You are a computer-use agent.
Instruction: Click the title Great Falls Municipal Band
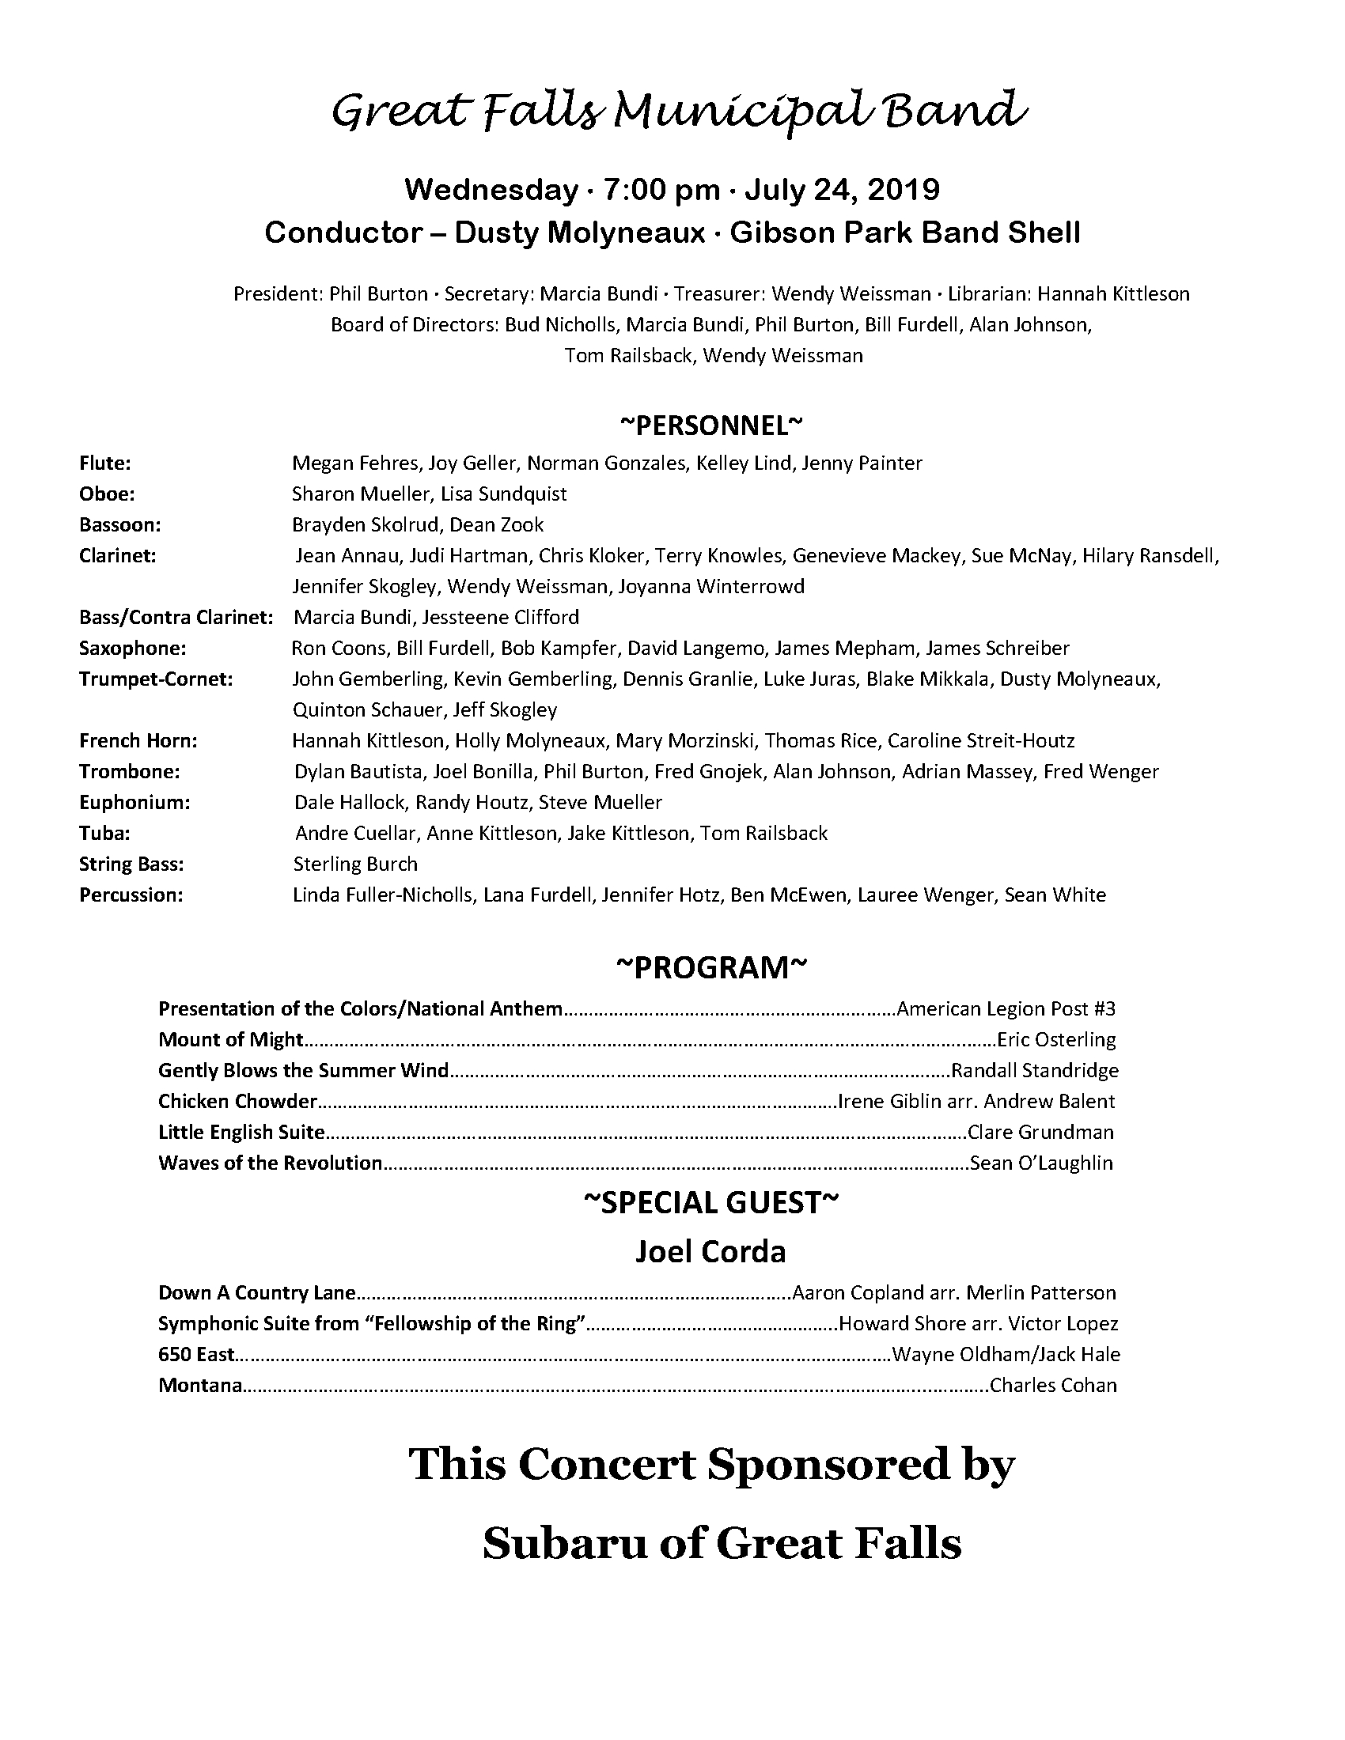click(678, 112)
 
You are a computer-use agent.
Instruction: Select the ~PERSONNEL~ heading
click(711, 426)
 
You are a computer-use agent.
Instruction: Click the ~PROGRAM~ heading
click(711, 967)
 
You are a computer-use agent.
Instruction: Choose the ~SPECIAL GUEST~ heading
click(711, 1202)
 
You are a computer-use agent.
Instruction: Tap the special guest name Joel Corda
click(710, 1251)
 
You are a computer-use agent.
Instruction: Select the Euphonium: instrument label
click(134, 801)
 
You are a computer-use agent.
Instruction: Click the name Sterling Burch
click(354, 864)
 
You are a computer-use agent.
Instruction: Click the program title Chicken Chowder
click(237, 1101)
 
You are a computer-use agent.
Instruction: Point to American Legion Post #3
click(1006, 1008)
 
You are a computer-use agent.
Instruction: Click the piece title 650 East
click(196, 1353)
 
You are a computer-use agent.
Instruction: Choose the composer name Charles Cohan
click(1052, 1385)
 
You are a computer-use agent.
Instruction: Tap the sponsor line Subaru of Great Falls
click(722, 1544)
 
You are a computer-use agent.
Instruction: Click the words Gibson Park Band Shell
click(904, 233)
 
